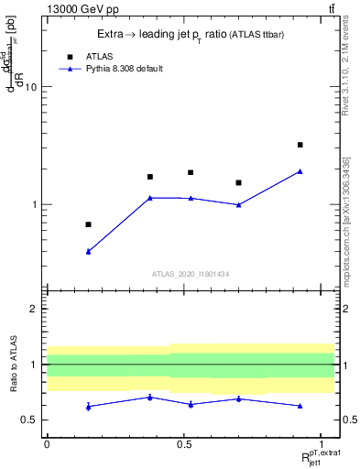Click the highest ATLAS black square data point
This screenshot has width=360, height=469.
point(300,145)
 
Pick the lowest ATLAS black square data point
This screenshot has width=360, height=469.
point(88,224)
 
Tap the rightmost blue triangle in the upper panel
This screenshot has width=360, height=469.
point(300,171)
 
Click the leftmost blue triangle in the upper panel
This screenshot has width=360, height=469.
point(88,251)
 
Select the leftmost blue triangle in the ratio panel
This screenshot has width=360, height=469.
point(88,406)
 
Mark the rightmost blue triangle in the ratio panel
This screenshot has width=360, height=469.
point(300,405)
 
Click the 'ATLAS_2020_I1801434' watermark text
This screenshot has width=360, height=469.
point(190,274)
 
